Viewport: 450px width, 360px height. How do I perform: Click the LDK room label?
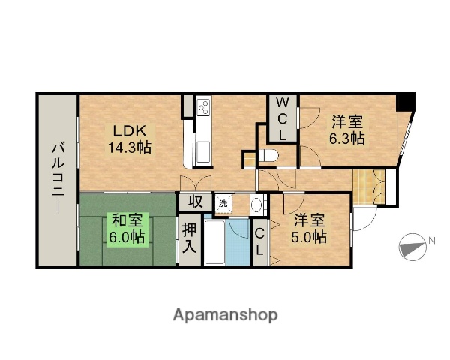120,129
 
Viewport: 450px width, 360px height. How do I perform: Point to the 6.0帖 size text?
127,238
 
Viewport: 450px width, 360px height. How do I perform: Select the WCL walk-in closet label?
283,118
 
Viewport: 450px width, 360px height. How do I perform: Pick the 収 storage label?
195,201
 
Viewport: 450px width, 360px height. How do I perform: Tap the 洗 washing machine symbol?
223,202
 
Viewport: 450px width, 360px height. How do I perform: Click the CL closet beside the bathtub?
259,241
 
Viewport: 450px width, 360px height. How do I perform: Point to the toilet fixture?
270,156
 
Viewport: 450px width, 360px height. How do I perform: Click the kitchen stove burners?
203,109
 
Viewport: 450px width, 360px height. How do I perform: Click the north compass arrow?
411,244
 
